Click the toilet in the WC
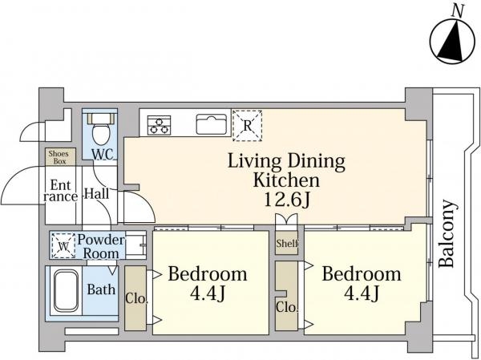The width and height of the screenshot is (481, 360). (x=101, y=128)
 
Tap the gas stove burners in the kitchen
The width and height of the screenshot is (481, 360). (x=159, y=125)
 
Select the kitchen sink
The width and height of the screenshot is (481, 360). (x=212, y=124)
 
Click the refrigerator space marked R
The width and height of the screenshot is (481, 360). (x=247, y=126)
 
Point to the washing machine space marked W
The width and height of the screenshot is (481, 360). (x=63, y=245)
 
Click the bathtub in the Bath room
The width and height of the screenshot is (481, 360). (x=66, y=291)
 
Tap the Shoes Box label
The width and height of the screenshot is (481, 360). (x=59, y=157)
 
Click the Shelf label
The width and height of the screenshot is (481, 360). (x=287, y=244)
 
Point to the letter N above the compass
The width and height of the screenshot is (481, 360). (x=458, y=12)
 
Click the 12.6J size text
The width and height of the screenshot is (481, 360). (x=287, y=200)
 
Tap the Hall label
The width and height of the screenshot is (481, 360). (x=97, y=194)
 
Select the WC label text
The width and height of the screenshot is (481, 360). (x=103, y=154)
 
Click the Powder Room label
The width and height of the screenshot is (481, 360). (x=101, y=246)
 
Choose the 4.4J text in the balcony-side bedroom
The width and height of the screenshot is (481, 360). (x=362, y=293)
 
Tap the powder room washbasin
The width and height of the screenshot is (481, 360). (x=135, y=245)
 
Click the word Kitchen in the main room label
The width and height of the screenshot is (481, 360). (x=286, y=180)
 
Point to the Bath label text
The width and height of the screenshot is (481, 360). (x=101, y=289)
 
